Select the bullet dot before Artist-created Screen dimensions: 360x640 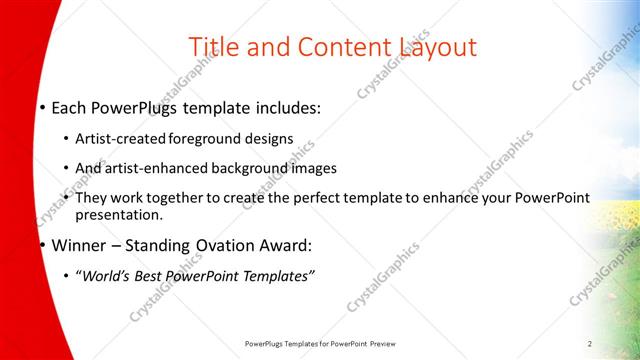pyautogui.click(x=66, y=139)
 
